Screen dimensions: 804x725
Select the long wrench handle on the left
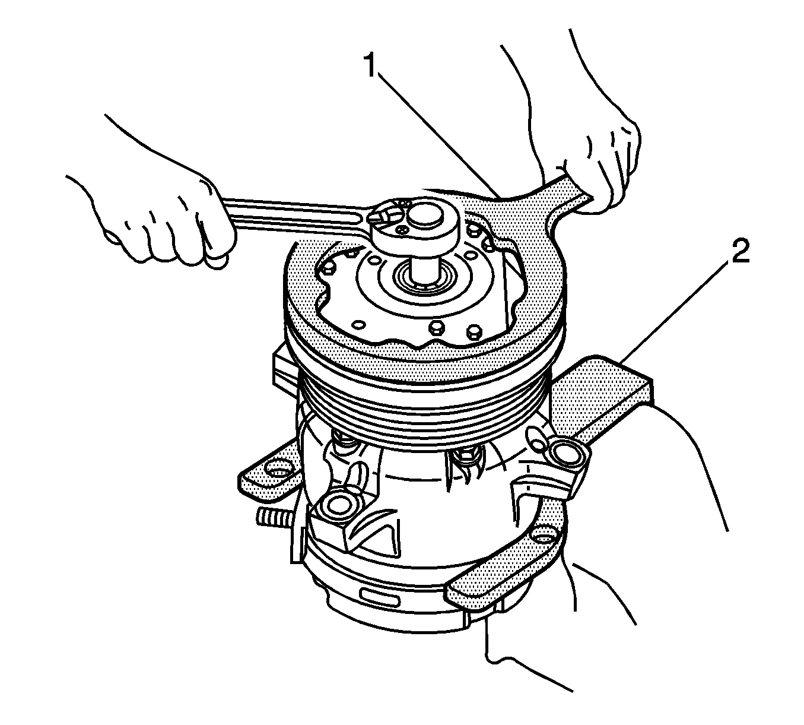coord(297,215)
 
